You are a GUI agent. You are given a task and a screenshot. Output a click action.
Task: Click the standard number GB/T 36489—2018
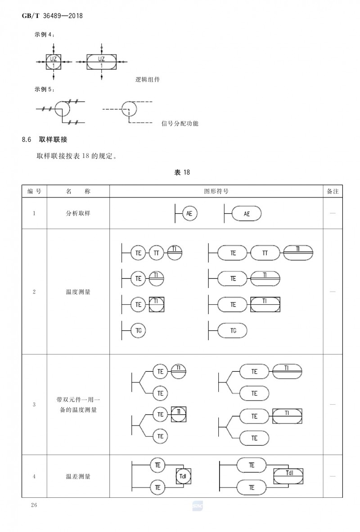[x=52, y=16]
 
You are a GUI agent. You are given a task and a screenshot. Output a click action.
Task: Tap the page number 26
[x=34, y=505]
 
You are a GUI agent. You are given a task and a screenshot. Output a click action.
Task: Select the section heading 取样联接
[x=53, y=140]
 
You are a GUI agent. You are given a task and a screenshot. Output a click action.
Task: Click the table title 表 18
[x=182, y=172]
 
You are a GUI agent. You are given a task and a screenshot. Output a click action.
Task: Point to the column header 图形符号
[x=216, y=191]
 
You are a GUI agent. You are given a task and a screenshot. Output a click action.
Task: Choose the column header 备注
[x=333, y=191]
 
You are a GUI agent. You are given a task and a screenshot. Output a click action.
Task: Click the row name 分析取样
[x=78, y=213]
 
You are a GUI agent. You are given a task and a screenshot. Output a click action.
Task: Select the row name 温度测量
[x=78, y=292]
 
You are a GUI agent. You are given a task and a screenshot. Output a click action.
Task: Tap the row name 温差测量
[x=78, y=477]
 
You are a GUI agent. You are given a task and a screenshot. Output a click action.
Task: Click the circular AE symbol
[x=189, y=213]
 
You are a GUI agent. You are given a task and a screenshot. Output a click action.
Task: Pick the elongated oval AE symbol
[x=247, y=214]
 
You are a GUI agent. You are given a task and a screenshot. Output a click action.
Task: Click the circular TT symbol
[x=157, y=253]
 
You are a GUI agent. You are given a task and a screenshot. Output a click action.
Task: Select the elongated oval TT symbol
[x=265, y=253]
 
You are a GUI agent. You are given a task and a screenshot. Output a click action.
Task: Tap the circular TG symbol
[x=139, y=330]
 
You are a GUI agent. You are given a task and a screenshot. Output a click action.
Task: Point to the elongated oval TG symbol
[x=232, y=330]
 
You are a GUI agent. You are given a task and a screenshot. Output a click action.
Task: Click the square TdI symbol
[x=183, y=476]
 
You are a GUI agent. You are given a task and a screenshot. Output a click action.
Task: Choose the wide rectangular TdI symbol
[x=288, y=476]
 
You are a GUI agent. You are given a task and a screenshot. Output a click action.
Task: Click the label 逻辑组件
[x=148, y=80]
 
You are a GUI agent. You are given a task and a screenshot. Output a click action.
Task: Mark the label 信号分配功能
[x=180, y=123]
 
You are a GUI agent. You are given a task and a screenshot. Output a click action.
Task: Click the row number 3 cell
[x=34, y=405]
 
